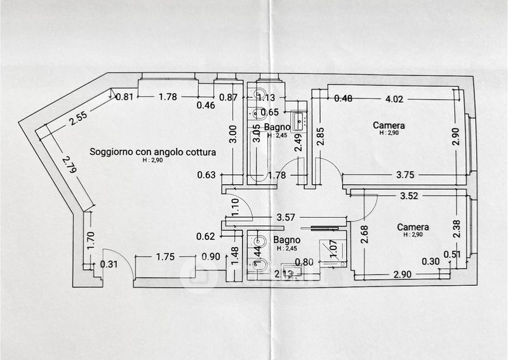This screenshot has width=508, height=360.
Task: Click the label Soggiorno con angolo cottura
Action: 152,152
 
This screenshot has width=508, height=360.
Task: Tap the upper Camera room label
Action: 389,126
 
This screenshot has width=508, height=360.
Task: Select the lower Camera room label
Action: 413,227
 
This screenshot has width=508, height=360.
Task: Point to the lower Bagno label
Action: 286,240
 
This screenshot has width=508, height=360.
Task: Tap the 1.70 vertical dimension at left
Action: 90,239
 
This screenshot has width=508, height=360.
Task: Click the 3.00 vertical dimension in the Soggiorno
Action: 233,134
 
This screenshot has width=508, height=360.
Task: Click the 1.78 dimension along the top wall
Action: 168,97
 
